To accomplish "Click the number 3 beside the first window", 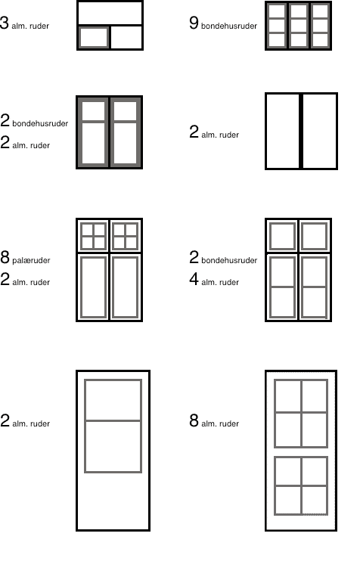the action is pyautogui.click(x=4, y=23).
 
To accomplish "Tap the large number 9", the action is pyautogui.click(x=194, y=23).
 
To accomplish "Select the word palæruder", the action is pyautogui.click(x=31, y=260).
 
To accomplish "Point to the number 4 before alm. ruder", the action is pyautogui.click(x=194, y=279).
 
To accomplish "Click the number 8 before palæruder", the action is pyautogui.click(x=5, y=257).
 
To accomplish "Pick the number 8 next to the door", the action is pyautogui.click(x=194, y=420).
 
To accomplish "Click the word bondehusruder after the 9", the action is pyautogui.click(x=229, y=26).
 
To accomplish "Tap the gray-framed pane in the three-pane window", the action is pyautogui.click(x=94, y=38).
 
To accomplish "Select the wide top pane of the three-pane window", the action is pyautogui.click(x=110, y=13).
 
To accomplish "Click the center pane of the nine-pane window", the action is pyautogui.click(x=299, y=26).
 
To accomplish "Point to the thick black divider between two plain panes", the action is pyautogui.click(x=301, y=131).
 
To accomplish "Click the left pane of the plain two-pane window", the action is pyautogui.click(x=283, y=131).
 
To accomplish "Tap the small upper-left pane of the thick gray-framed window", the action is pyautogui.click(x=93, y=111).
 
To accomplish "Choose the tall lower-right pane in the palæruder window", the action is pyautogui.click(x=125, y=287).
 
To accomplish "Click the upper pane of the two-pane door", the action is pyautogui.click(x=113, y=400).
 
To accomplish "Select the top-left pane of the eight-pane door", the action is pyautogui.click(x=288, y=396).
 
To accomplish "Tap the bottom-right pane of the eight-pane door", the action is pyautogui.click(x=315, y=500).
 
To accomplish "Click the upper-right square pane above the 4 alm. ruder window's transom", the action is pyautogui.click(x=315, y=236).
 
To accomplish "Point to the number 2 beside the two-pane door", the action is pyautogui.click(x=5, y=420).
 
